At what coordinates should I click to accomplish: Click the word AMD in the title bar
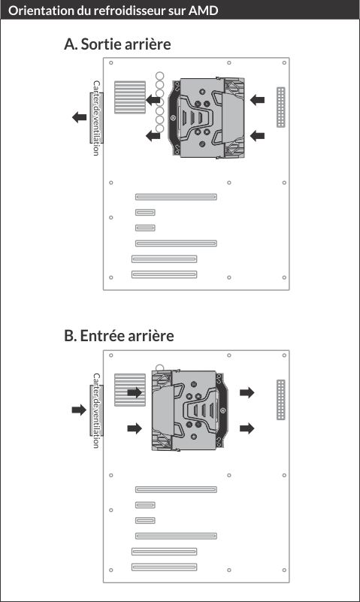click(204, 11)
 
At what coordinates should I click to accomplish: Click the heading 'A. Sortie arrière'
click(117, 44)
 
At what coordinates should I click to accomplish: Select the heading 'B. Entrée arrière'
click(119, 336)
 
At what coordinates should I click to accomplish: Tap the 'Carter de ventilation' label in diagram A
click(96, 118)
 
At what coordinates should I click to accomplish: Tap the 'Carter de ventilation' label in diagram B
click(96, 410)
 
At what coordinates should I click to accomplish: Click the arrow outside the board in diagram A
click(80, 117)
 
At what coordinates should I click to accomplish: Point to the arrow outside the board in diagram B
click(79, 410)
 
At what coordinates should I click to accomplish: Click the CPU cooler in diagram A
click(207, 118)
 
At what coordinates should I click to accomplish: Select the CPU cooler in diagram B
click(189, 410)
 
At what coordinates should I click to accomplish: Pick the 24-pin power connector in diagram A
click(281, 107)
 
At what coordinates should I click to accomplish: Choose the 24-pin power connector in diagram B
click(281, 400)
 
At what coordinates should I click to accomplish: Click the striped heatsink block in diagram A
click(130, 97)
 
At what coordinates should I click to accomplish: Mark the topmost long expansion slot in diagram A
click(176, 197)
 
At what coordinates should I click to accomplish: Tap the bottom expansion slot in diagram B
click(165, 567)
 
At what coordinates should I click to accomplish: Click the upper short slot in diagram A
click(145, 212)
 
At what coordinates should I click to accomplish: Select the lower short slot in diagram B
click(145, 521)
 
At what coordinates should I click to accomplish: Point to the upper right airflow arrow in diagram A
click(257, 100)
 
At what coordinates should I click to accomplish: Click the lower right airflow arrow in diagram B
click(247, 428)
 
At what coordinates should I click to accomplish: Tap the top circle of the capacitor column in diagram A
click(159, 76)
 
